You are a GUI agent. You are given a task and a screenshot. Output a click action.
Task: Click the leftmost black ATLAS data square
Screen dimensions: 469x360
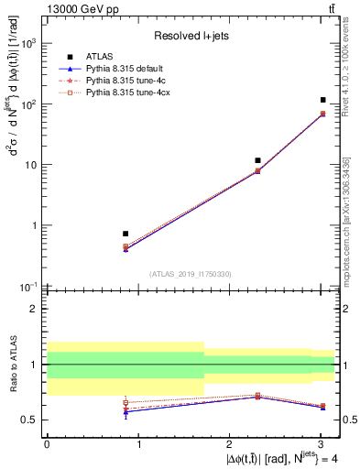pyautogui.click(x=125, y=234)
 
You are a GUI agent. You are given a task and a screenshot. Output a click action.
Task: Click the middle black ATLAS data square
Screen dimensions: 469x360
pyautogui.click(x=257, y=160)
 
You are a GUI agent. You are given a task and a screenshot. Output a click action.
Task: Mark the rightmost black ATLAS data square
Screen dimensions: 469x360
pyautogui.click(x=323, y=100)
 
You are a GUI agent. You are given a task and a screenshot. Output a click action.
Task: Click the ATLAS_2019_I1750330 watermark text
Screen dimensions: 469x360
pyautogui.click(x=191, y=274)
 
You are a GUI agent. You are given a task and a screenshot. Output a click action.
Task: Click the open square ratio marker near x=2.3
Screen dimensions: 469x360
pyautogui.click(x=257, y=395)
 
